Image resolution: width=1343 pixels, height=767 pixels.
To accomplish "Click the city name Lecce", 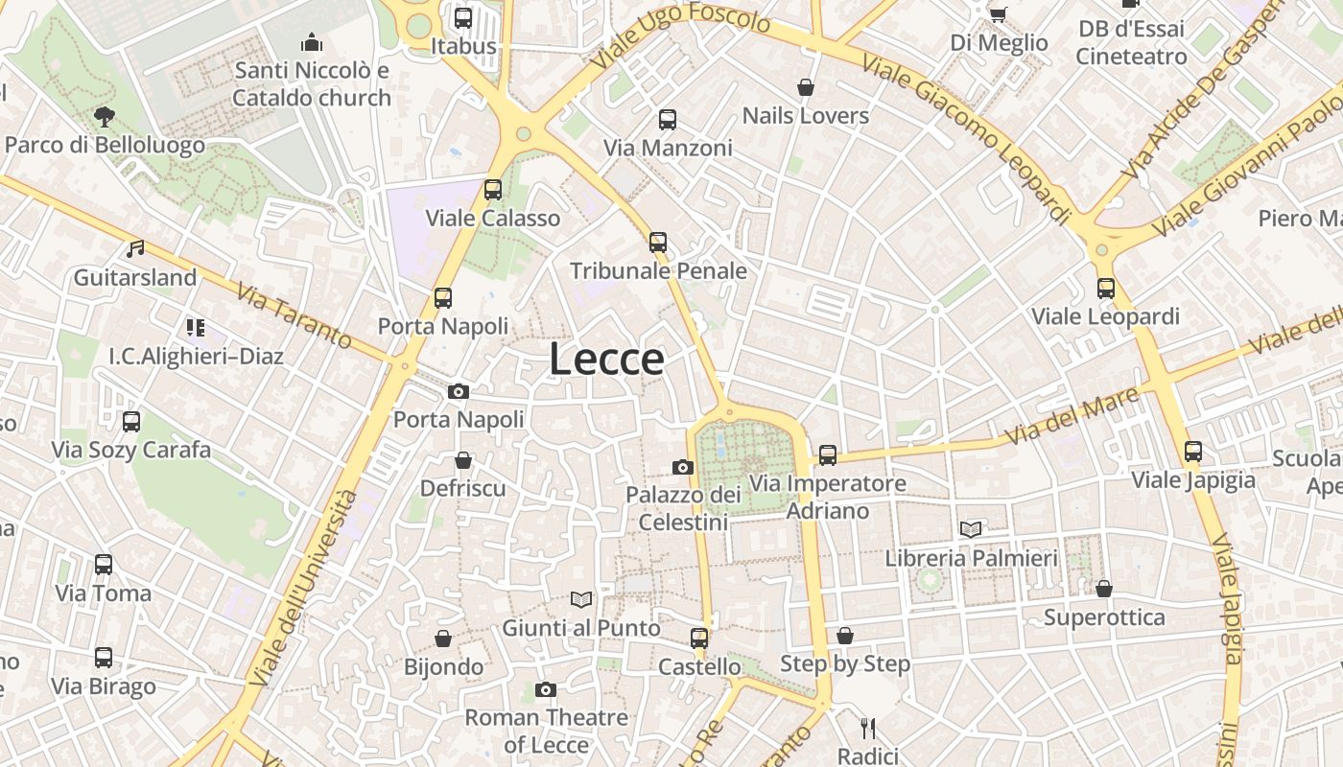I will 606,360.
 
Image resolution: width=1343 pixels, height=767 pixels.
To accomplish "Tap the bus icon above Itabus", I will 463,17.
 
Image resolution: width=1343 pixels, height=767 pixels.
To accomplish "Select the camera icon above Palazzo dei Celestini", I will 683,467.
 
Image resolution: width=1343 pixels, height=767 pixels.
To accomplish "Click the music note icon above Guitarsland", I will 135,249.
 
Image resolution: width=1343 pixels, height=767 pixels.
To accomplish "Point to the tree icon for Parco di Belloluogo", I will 105,117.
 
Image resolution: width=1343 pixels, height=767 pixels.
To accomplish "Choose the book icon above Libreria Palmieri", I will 971,529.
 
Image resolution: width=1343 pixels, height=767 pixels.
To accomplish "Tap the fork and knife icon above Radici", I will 868,728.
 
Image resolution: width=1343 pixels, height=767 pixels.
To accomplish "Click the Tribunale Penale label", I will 658,271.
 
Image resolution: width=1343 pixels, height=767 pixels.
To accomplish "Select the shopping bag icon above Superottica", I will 1104,589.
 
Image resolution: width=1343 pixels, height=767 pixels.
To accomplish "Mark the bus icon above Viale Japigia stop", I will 1193,451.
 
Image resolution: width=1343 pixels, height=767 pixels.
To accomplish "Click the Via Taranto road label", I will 294,316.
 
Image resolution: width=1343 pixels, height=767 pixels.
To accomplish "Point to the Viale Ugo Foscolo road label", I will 681,38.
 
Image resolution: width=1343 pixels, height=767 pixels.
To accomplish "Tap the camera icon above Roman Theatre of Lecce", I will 546,689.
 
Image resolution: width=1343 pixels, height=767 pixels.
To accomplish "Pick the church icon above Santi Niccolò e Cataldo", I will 312,42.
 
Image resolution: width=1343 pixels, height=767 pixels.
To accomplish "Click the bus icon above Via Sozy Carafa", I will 131,421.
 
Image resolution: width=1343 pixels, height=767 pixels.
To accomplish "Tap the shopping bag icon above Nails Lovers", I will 806,87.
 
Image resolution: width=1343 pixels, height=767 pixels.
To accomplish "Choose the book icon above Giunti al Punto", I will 581,599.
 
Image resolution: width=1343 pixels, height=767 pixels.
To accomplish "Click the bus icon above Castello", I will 699,638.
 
